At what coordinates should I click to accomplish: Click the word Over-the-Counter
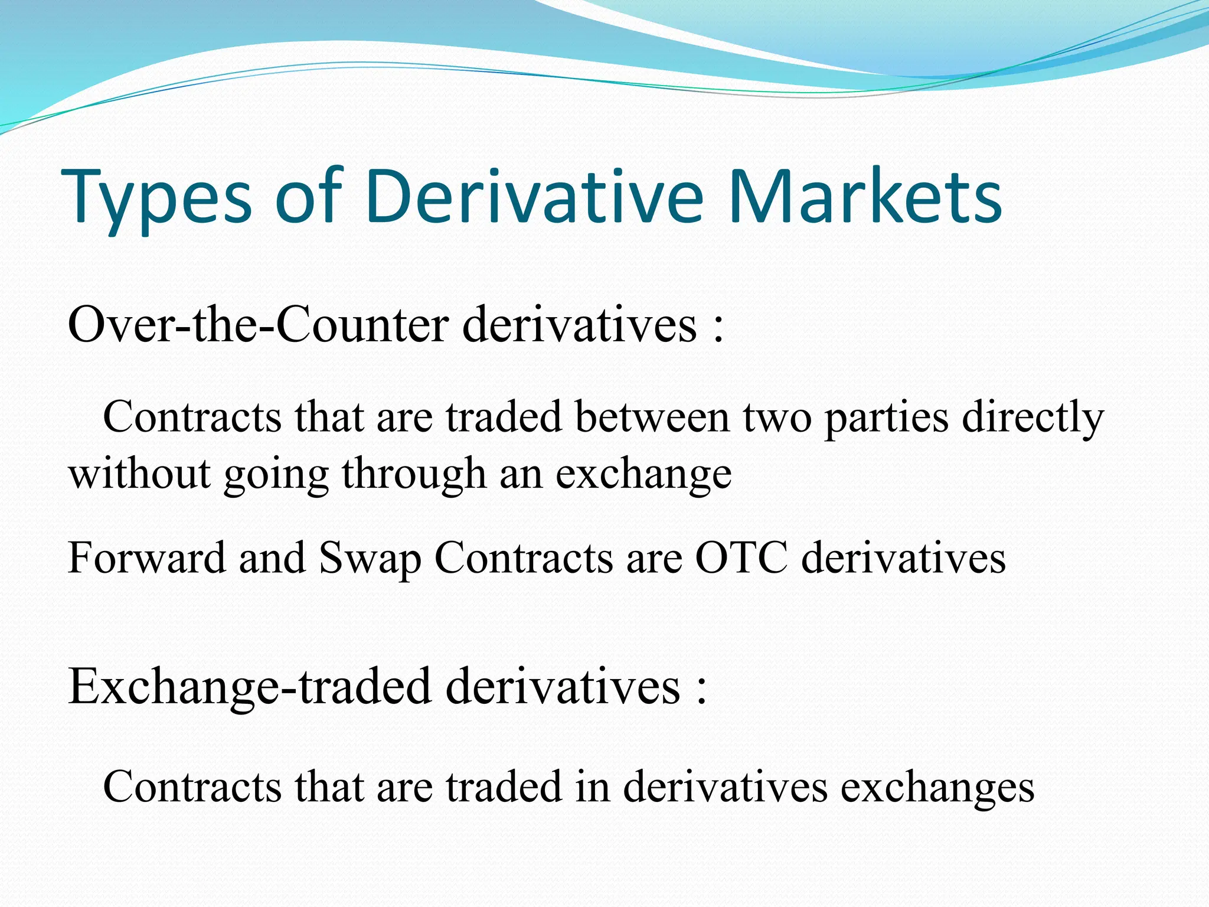(258, 325)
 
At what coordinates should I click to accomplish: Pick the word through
(413, 475)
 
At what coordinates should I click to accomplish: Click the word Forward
(146, 557)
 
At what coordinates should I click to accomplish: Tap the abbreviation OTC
(741, 557)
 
